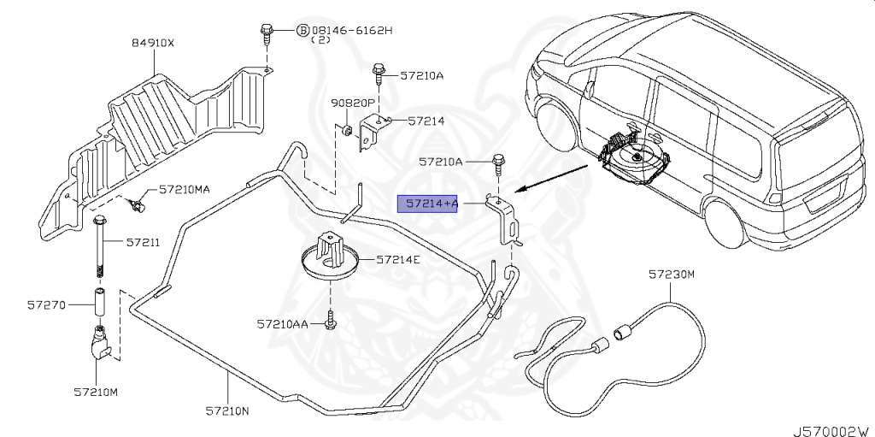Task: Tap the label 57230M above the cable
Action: coord(672,275)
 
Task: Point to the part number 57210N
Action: coord(226,411)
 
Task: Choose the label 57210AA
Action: coord(284,324)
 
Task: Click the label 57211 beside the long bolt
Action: coord(143,243)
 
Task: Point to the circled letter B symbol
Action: coord(302,30)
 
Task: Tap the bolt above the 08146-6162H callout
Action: coord(265,35)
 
